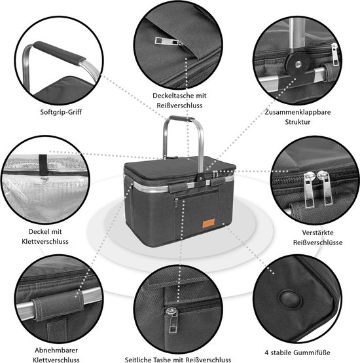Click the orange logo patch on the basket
209,223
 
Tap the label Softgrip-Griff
61,112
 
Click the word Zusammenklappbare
298,112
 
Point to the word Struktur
298,122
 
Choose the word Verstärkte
317,233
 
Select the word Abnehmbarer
56,350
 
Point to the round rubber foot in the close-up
291,299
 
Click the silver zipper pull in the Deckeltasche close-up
168,42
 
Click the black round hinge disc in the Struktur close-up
297,63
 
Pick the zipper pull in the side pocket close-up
172,320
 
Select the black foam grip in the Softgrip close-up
59,53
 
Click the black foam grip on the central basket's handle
182,119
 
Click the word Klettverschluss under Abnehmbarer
56,360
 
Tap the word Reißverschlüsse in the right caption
317,242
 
